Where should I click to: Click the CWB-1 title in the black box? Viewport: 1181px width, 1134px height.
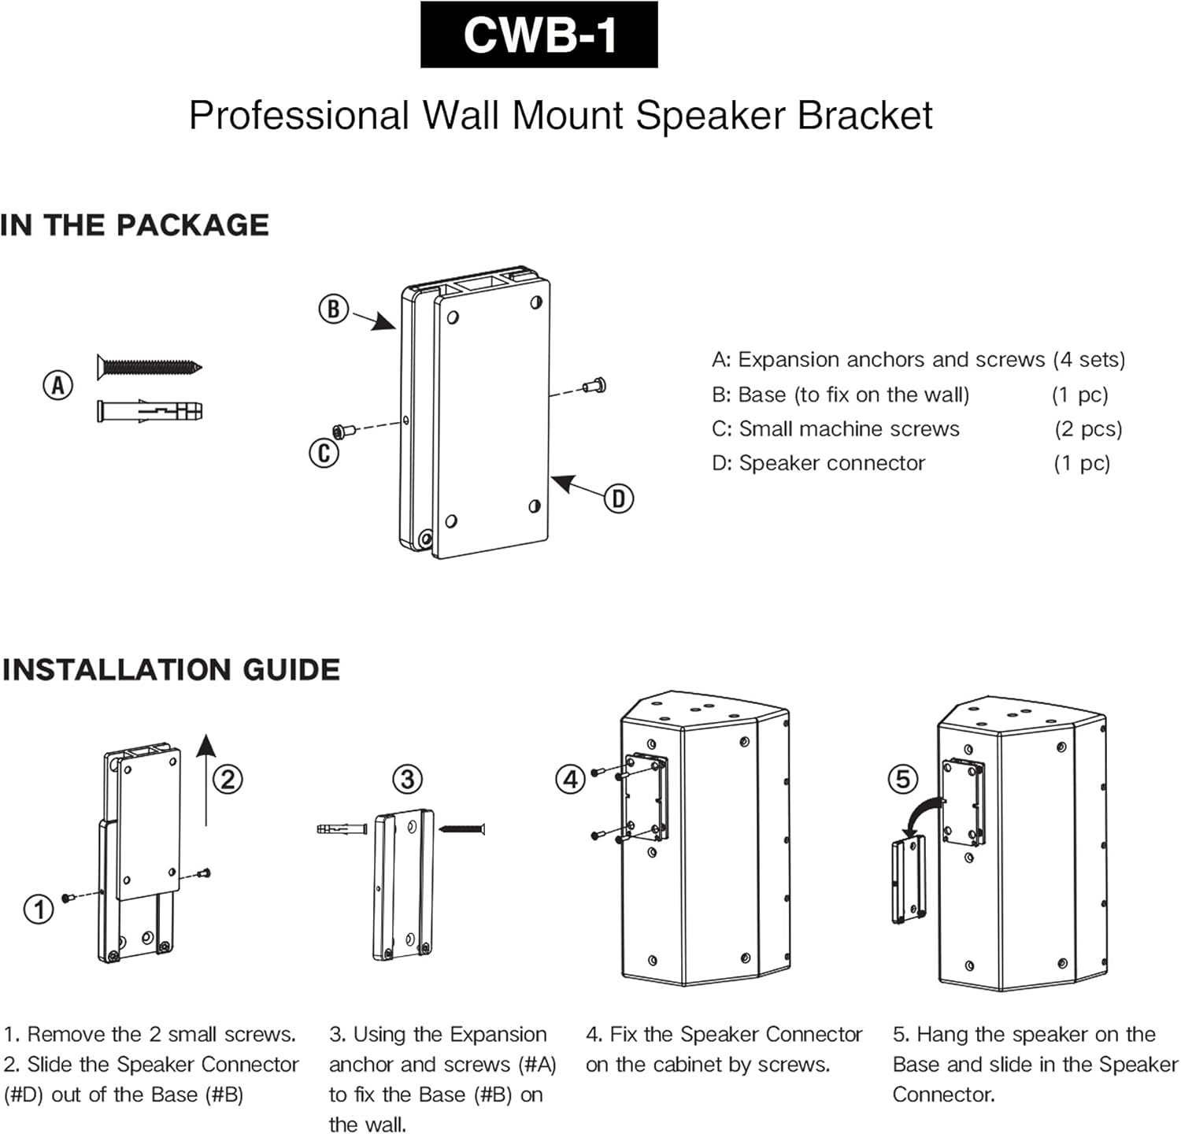[x=539, y=35]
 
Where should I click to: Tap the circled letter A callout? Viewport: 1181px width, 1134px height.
[x=57, y=386]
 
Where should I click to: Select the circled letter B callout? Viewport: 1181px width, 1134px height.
[x=333, y=309]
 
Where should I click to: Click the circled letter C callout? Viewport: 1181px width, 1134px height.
[x=324, y=454]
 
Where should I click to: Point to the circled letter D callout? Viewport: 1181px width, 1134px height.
[x=618, y=498]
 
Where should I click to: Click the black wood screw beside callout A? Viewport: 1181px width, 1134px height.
[x=149, y=366]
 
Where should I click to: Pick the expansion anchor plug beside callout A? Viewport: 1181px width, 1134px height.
[x=149, y=411]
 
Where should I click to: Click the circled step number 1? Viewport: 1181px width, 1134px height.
[x=39, y=910]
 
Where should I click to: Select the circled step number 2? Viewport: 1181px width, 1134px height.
[x=228, y=780]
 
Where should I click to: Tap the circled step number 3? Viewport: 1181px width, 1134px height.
[x=407, y=780]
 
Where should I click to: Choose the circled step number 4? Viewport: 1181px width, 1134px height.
[x=570, y=780]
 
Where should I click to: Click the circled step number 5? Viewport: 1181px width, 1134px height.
[x=902, y=780]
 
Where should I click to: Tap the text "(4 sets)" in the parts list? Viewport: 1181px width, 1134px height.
[x=1089, y=360]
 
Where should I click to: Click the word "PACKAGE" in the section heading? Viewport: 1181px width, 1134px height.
[x=193, y=225]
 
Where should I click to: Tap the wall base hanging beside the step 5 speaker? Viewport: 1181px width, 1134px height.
[x=908, y=880]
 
